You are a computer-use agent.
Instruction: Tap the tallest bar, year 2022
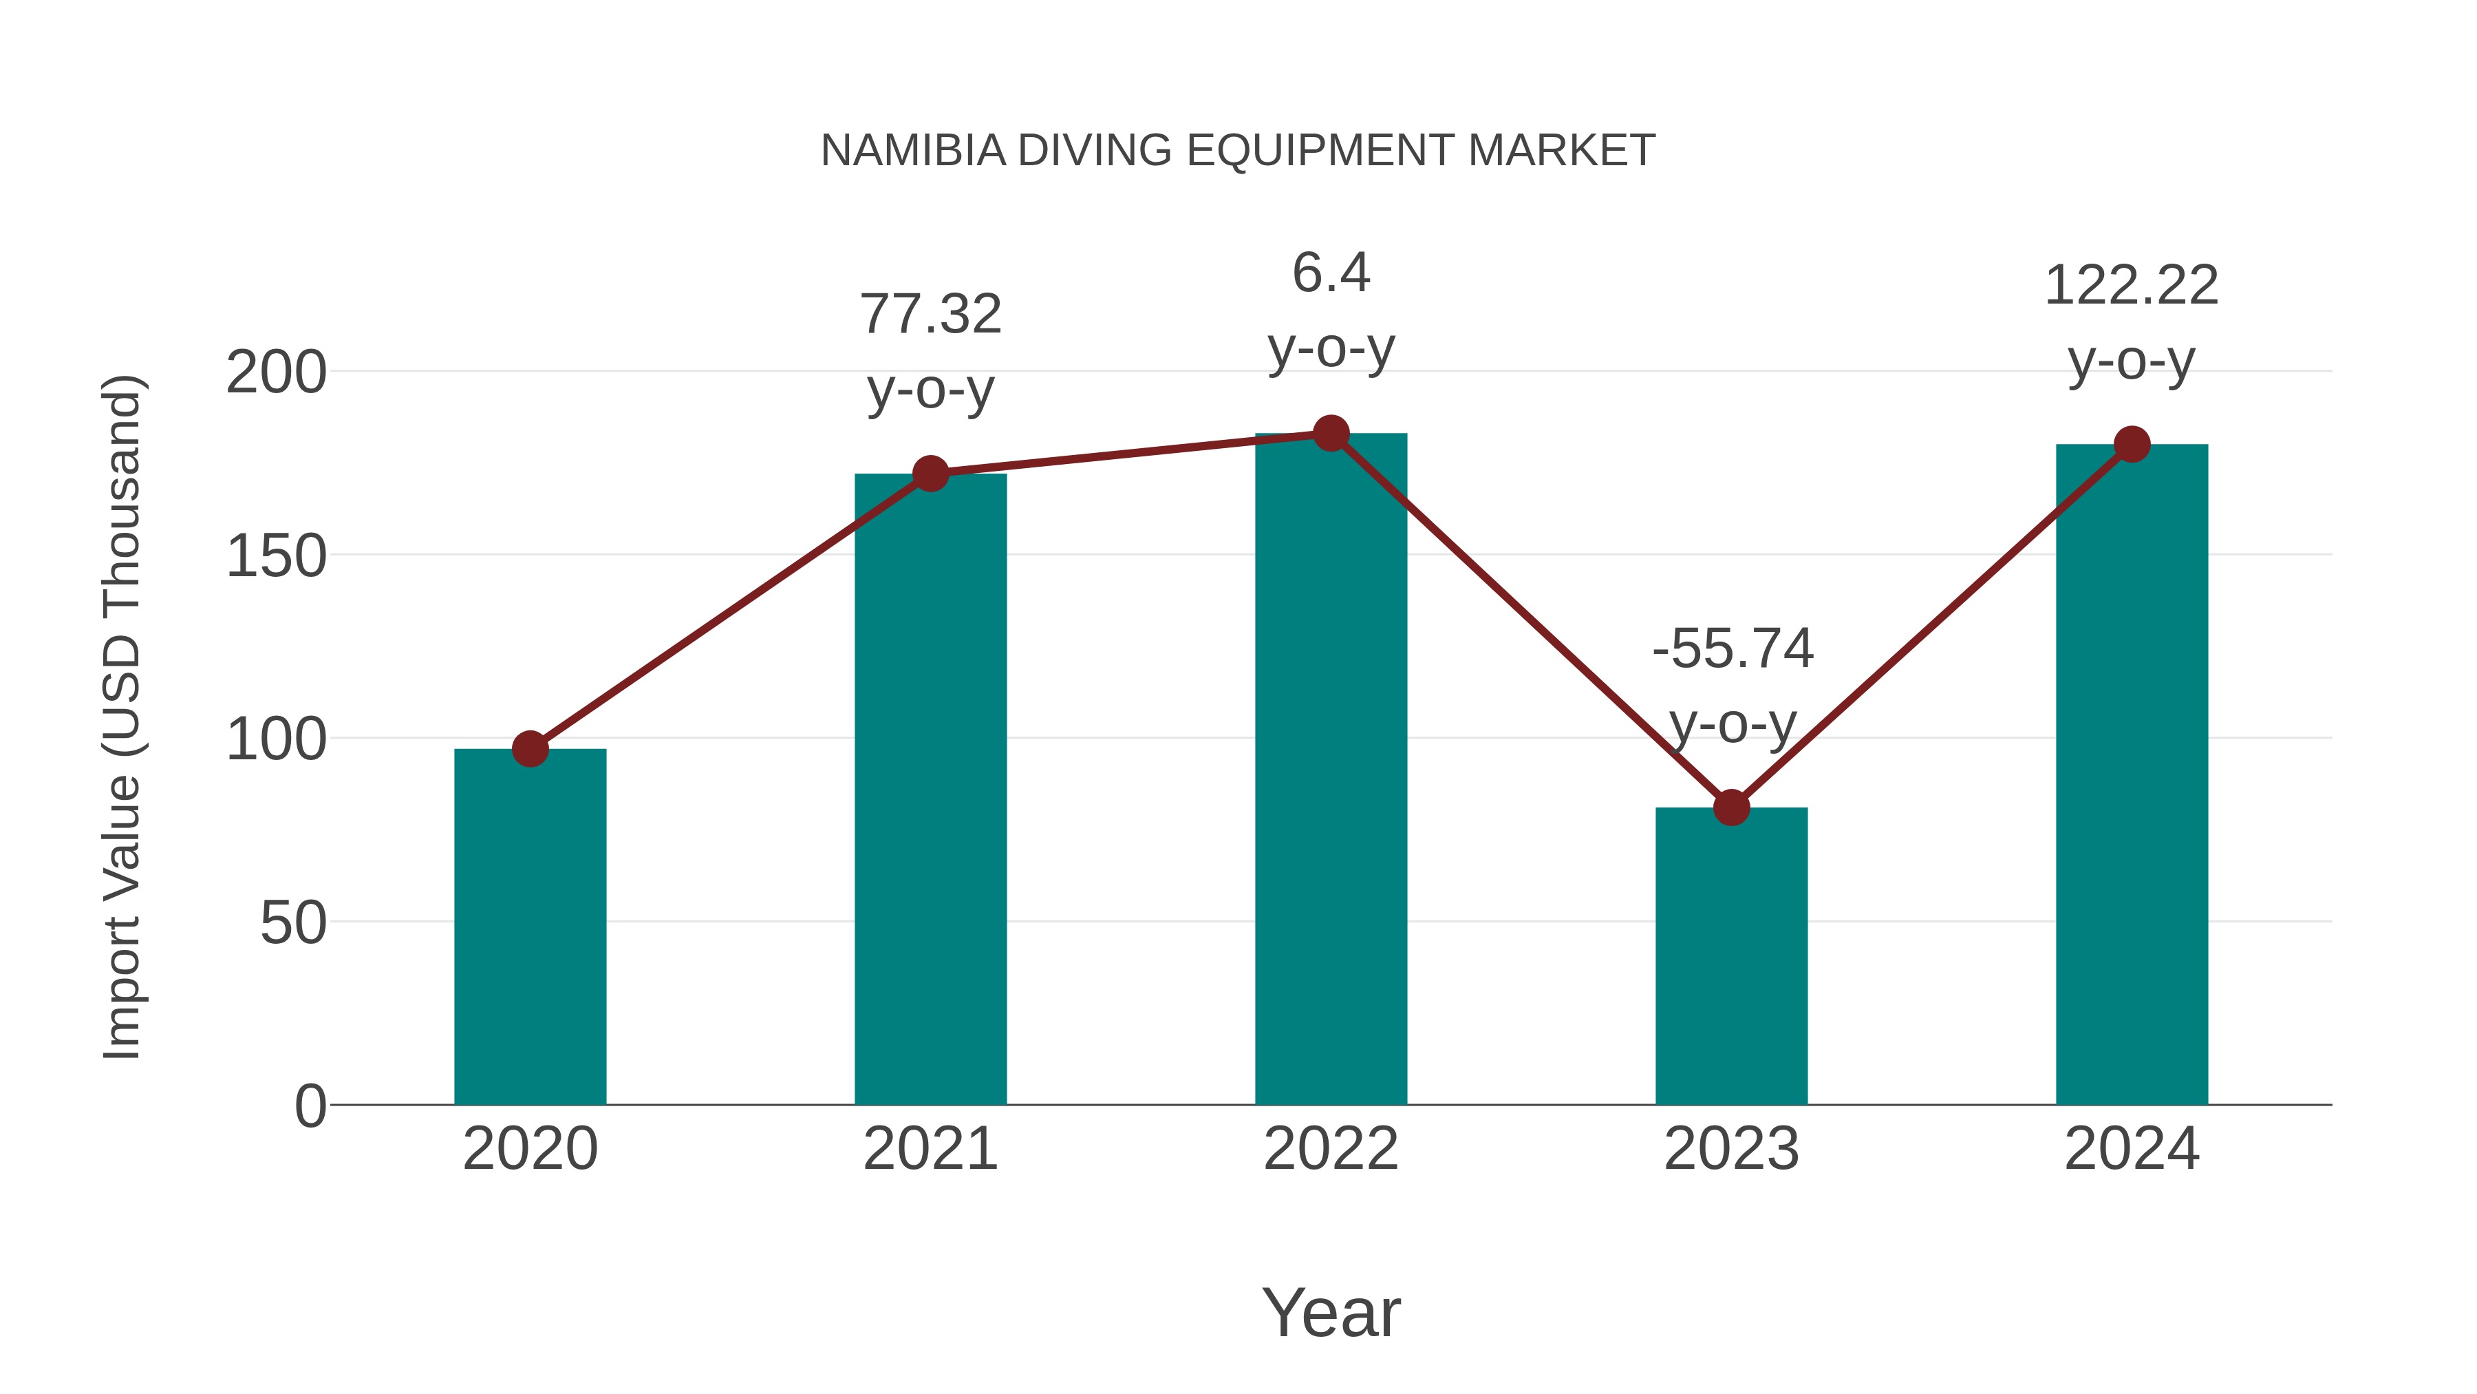click(1331, 770)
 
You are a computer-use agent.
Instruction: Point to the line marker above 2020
click(530, 748)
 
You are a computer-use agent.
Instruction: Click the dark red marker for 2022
click(1331, 434)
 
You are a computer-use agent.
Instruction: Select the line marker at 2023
click(1731, 808)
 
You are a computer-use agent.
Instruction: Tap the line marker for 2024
click(2132, 445)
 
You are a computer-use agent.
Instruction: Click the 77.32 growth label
click(930, 315)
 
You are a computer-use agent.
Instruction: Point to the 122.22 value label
click(2131, 286)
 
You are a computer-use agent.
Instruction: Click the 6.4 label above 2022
click(1331, 273)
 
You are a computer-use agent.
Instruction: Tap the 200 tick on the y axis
click(276, 372)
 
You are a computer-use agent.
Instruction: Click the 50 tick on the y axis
click(293, 924)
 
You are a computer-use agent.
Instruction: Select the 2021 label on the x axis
click(930, 1149)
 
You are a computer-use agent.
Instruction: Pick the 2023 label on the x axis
click(1731, 1149)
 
